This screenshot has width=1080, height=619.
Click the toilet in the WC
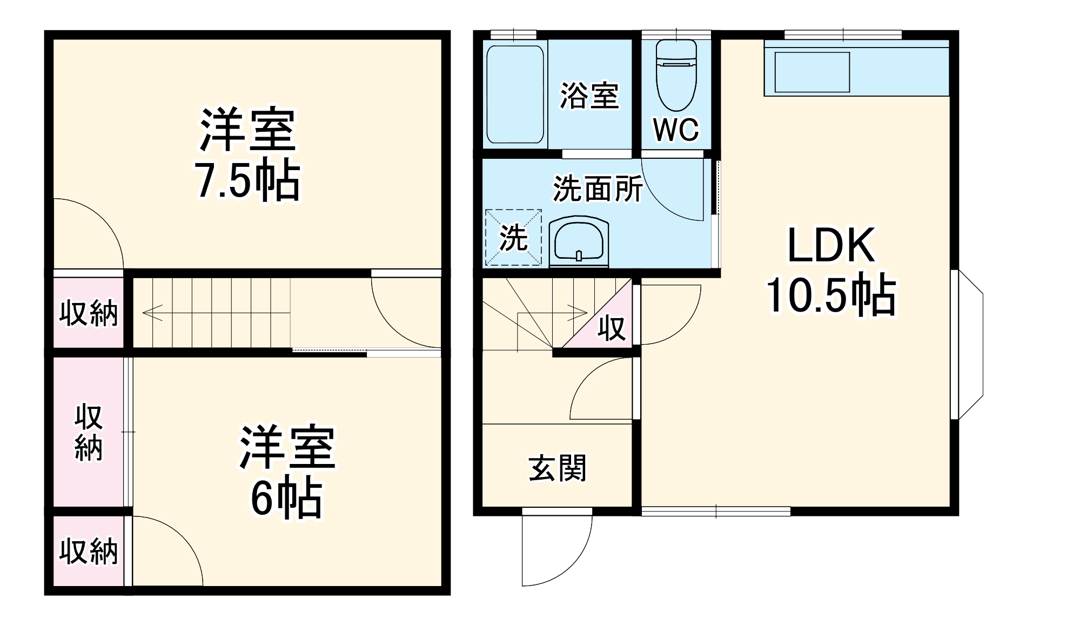tap(676, 76)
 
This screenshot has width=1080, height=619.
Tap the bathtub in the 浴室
tap(515, 94)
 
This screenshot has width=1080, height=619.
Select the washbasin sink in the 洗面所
tap(579, 243)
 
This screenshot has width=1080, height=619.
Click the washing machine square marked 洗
tap(513, 238)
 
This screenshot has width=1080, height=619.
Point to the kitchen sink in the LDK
tap(812, 72)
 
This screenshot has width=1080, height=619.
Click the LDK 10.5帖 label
tap(831, 270)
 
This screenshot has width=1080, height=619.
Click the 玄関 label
tap(557, 468)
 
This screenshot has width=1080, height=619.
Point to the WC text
tap(676, 130)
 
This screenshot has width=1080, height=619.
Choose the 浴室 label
tap(589, 96)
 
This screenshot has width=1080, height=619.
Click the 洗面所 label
tap(598, 189)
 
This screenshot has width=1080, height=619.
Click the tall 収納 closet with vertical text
tap(89, 432)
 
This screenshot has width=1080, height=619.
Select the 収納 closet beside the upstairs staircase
tap(89, 313)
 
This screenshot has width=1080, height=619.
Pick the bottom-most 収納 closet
tap(89, 551)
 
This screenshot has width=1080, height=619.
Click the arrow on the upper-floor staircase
tap(152, 313)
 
